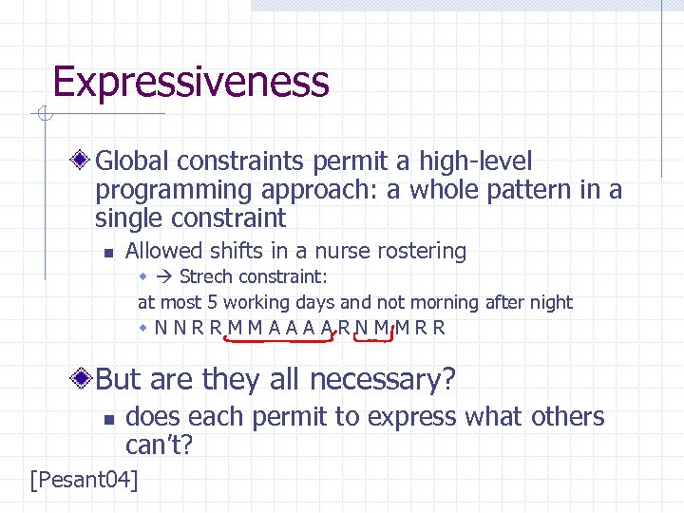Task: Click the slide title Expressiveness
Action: (x=191, y=82)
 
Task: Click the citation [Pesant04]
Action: (x=85, y=479)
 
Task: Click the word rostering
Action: (x=422, y=251)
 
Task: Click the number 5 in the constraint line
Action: (x=211, y=303)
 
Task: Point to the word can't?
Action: (x=160, y=444)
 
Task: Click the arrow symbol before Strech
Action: (x=164, y=276)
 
